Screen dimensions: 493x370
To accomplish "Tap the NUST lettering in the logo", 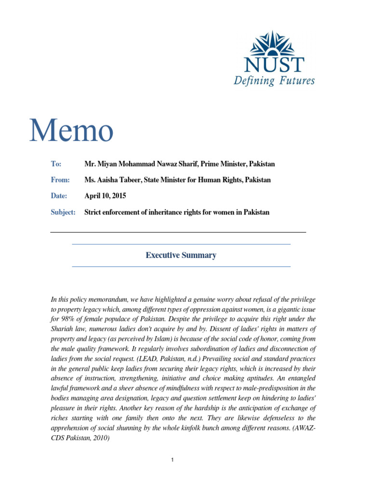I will pos(274,65).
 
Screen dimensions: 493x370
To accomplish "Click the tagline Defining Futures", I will pos(274,80).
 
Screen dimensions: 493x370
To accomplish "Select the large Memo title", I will pos(71,131).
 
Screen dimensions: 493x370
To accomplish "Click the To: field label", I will pos(56,164).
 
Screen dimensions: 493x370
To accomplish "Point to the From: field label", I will pos(60,180).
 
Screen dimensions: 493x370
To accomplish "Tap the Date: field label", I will pos(60,196).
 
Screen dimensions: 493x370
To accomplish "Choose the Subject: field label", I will pos(63,212).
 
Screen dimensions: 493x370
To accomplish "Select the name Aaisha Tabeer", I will pos(119,180).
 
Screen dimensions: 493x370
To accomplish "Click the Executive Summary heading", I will pos(181,255).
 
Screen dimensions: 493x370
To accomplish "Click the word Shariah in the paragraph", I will pos(63,329).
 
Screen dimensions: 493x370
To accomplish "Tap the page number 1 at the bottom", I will pos(172,460).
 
